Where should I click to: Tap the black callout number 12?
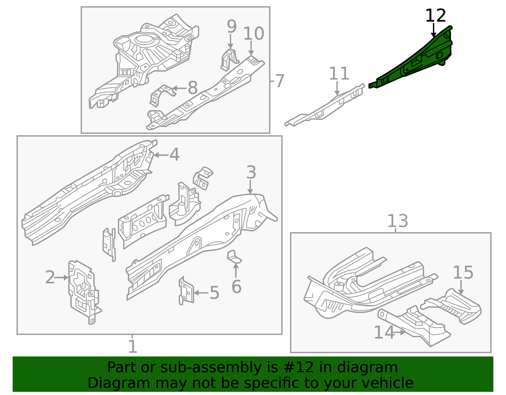coord(435,16)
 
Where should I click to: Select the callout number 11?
coord(339,74)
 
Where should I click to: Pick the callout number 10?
coord(254,34)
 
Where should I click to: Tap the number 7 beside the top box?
coord(279,81)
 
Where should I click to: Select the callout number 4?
coord(175,155)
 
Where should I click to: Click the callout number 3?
coord(251,173)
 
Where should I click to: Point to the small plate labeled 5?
coord(187,291)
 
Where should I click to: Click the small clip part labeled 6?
coord(234,257)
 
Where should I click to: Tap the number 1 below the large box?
coord(133,347)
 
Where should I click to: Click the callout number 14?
coord(384,332)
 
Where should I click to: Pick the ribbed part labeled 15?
coord(455,305)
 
